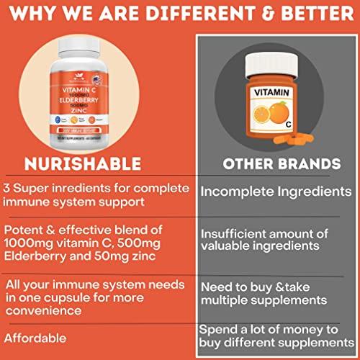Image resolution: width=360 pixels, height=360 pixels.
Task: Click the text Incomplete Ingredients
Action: (270, 193)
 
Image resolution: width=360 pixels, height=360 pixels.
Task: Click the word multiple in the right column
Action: (230, 298)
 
